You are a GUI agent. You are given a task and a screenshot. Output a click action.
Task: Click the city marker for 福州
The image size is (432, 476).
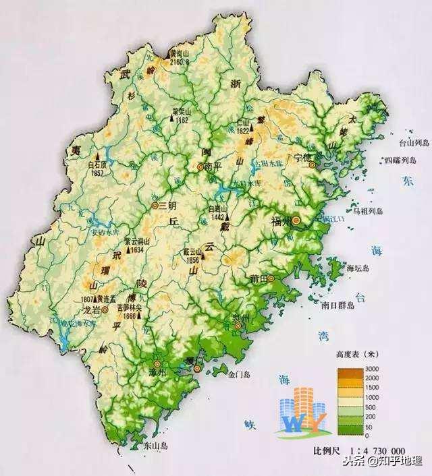[x=295, y=220]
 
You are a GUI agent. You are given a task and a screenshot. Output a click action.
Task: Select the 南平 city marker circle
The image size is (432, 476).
[x=200, y=165]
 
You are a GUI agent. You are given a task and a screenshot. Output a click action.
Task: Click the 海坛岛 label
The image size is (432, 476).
[x=359, y=268]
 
